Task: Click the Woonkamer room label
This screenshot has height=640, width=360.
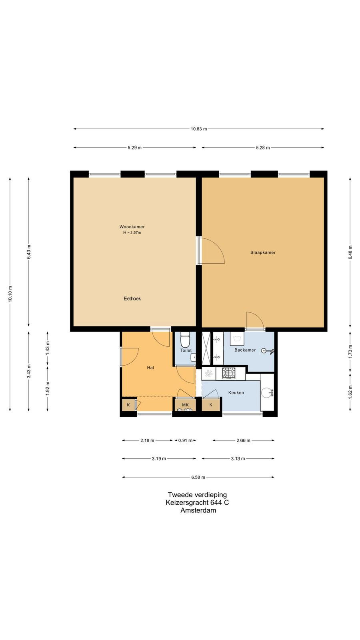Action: pos(132,227)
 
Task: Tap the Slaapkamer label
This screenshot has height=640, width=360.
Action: pos(263,252)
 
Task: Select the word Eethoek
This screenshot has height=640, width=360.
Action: pos(132,298)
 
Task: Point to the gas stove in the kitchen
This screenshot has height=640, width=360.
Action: pos(229,373)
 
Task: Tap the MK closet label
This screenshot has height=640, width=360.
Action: pos(186,405)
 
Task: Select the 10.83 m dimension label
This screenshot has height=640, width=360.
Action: pos(199,129)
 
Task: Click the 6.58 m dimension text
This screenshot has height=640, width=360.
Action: pos(198,477)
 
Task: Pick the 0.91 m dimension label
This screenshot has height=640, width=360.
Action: pos(186,440)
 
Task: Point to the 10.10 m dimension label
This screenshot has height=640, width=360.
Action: pos(10,294)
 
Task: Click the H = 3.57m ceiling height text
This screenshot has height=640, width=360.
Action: pos(132,232)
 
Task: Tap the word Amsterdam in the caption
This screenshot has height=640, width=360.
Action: pos(198,510)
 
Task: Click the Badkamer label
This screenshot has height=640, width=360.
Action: pos(245,350)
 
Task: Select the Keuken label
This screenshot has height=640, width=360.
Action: pos(236,393)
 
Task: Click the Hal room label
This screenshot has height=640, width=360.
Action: pos(150,368)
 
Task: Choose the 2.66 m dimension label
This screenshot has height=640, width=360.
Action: pos(244,440)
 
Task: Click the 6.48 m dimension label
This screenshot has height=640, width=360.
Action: pos(350,252)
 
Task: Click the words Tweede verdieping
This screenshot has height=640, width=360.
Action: pos(198,494)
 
